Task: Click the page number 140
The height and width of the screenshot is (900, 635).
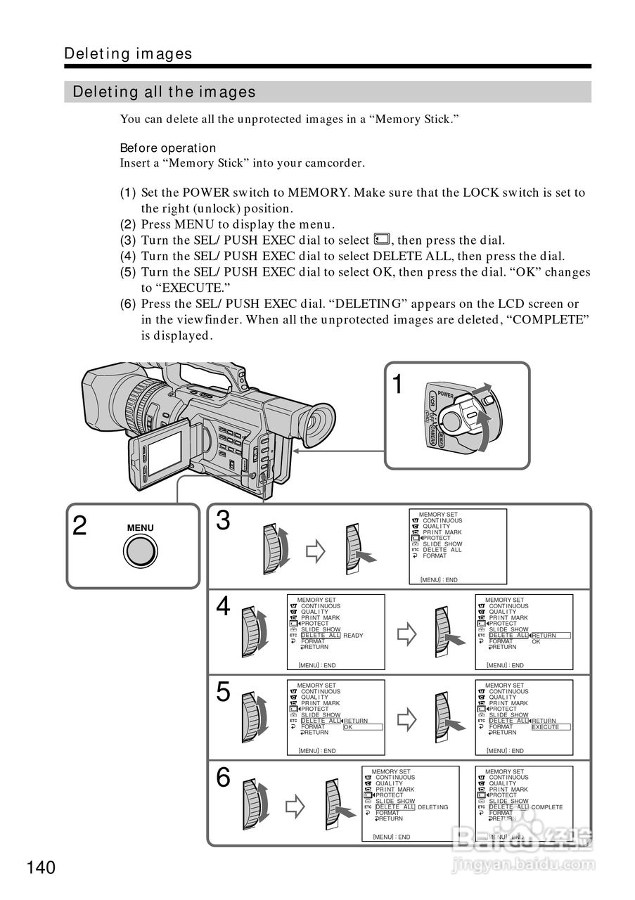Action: [41, 868]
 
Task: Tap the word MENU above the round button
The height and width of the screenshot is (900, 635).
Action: [141, 528]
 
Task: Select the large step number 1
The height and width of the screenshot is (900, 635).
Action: [398, 385]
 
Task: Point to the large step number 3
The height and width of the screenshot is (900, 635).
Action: [223, 521]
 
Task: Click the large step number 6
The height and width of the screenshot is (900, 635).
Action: [223, 778]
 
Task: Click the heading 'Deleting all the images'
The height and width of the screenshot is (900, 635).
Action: [165, 92]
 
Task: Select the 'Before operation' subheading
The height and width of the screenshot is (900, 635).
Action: [168, 148]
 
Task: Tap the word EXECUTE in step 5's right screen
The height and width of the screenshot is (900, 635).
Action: [546, 727]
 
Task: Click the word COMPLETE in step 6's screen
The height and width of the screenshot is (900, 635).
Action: [547, 807]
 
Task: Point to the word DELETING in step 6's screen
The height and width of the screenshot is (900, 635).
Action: [432, 807]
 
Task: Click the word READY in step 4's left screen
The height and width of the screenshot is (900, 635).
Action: [353, 636]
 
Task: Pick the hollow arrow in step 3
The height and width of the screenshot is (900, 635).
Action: [316, 551]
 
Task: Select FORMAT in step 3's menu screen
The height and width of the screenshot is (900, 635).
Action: [435, 555]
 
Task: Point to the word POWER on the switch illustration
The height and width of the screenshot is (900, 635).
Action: [445, 394]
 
